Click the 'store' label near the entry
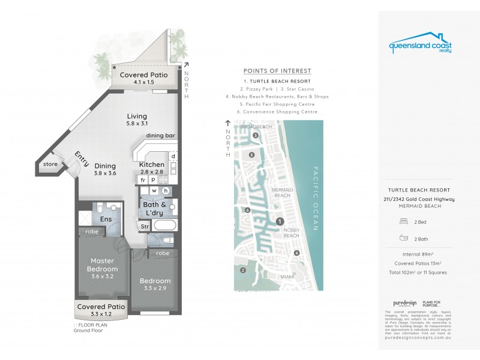tap(51, 163)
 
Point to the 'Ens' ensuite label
tap(106, 220)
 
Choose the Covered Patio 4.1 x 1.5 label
tap(143, 79)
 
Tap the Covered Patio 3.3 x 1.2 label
tap(101, 310)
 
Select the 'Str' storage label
tap(145, 227)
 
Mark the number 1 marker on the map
tap(279, 221)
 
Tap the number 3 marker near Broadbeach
tap(256, 136)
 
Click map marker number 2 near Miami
tap(242, 270)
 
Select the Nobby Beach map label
tap(290, 233)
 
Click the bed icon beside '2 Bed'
tap(403, 221)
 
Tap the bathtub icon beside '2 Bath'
tap(403, 238)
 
